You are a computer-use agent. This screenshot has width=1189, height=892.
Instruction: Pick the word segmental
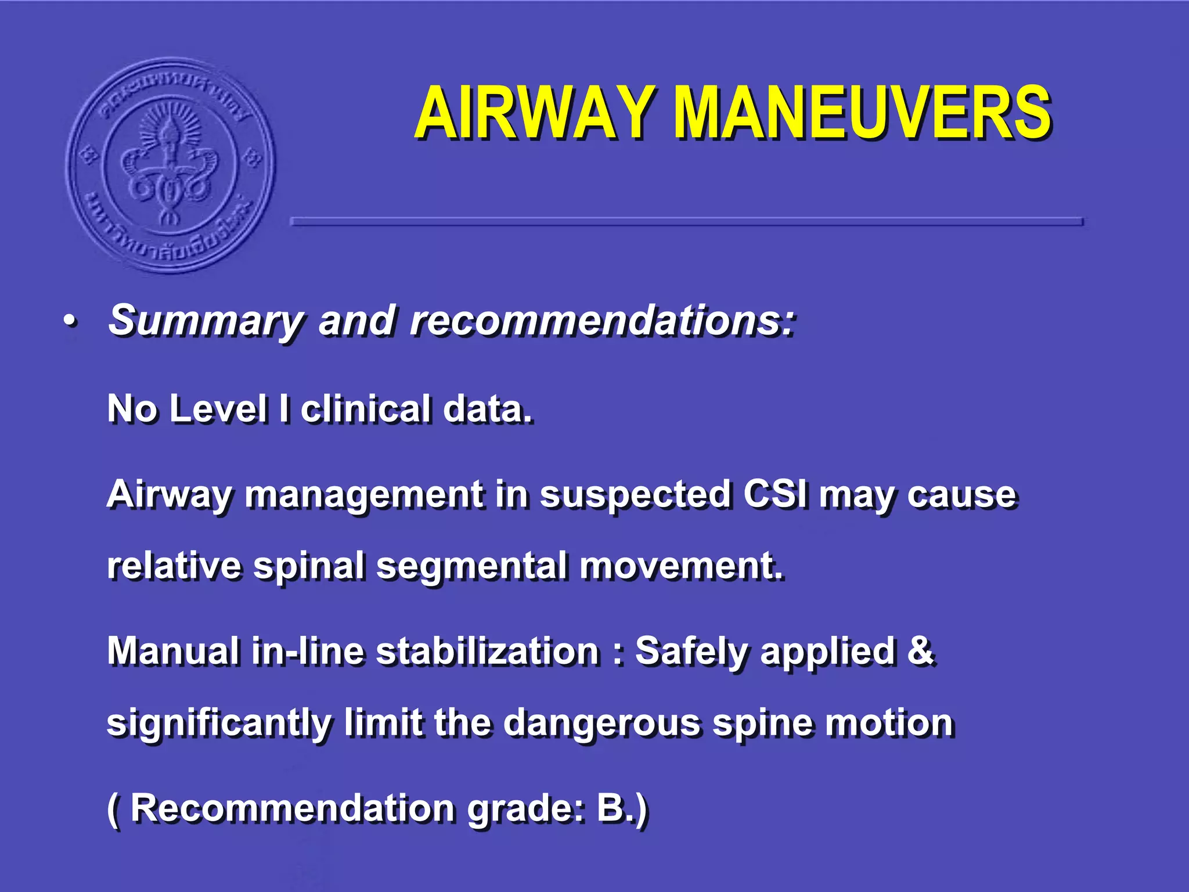(x=471, y=566)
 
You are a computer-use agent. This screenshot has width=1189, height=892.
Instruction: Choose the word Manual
(x=172, y=650)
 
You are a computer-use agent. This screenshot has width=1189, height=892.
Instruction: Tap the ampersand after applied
(x=920, y=650)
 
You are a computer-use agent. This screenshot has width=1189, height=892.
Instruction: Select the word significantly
(x=219, y=724)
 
